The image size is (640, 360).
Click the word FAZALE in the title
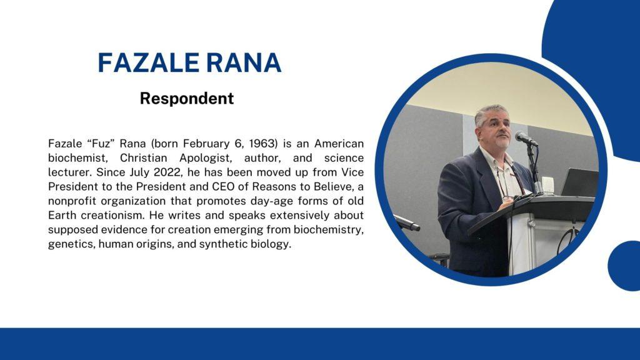pos(147,63)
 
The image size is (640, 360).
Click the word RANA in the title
pos(244,63)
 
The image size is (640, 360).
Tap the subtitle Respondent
pos(186,98)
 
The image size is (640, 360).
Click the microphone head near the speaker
pos(524,138)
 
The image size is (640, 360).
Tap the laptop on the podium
pos(579,182)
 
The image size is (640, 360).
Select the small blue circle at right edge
pos(624,266)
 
